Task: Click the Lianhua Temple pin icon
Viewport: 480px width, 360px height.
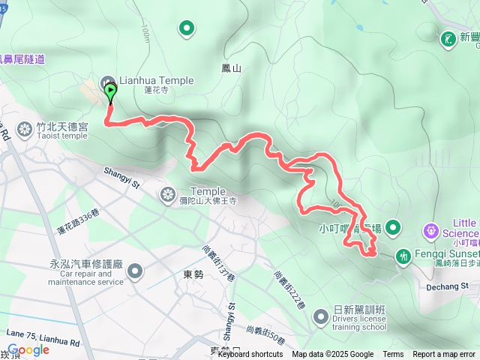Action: (x=107, y=81)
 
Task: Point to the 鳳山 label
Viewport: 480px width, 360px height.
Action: (x=232, y=68)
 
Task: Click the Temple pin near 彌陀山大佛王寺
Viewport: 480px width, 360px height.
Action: (x=166, y=195)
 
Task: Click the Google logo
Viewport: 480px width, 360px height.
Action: (x=28, y=349)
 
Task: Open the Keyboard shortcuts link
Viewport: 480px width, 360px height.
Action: (x=250, y=355)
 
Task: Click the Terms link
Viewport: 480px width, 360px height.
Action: (x=393, y=355)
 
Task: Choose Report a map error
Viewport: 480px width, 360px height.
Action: (x=443, y=355)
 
